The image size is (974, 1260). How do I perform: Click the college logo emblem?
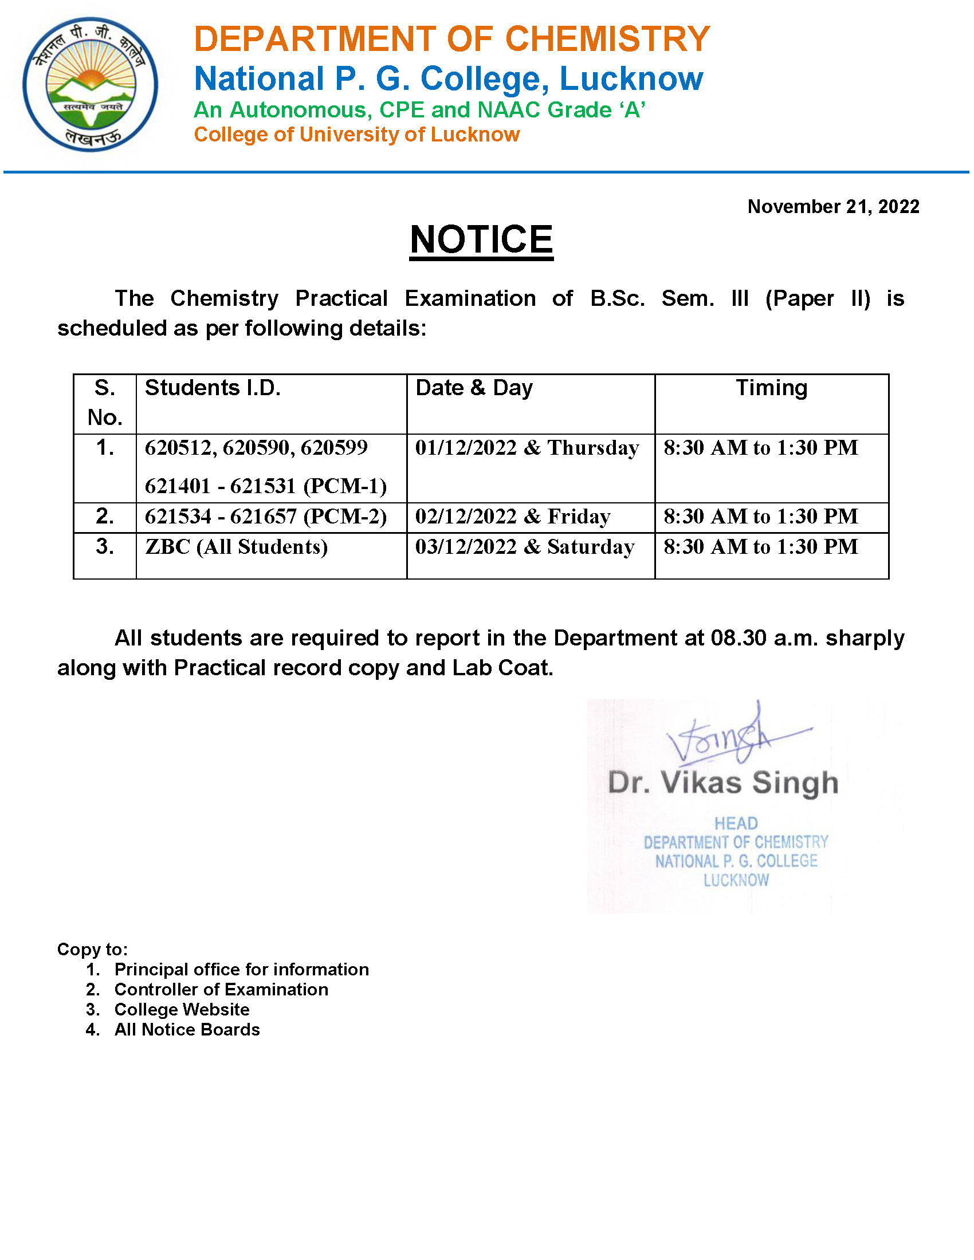click(90, 84)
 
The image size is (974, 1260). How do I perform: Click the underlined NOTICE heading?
click(481, 239)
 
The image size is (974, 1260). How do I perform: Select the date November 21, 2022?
click(832, 207)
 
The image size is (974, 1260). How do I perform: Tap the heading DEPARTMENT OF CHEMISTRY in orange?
click(451, 39)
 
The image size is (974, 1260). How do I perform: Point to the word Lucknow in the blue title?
click(631, 78)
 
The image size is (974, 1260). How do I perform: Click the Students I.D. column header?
click(213, 388)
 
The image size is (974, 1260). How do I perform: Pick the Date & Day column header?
click(474, 388)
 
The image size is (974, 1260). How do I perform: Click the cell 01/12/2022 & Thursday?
click(527, 448)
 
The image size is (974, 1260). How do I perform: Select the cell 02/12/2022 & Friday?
click(512, 517)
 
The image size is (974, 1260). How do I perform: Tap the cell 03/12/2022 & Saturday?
click(524, 546)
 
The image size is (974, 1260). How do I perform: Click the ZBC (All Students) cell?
click(236, 546)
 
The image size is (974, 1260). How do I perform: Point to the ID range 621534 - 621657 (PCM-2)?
click(265, 517)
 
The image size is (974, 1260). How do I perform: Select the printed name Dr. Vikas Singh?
click(722, 783)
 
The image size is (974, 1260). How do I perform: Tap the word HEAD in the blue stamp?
click(736, 823)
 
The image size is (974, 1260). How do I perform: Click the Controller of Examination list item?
click(221, 990)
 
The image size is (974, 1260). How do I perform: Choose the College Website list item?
click(182, 1010)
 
